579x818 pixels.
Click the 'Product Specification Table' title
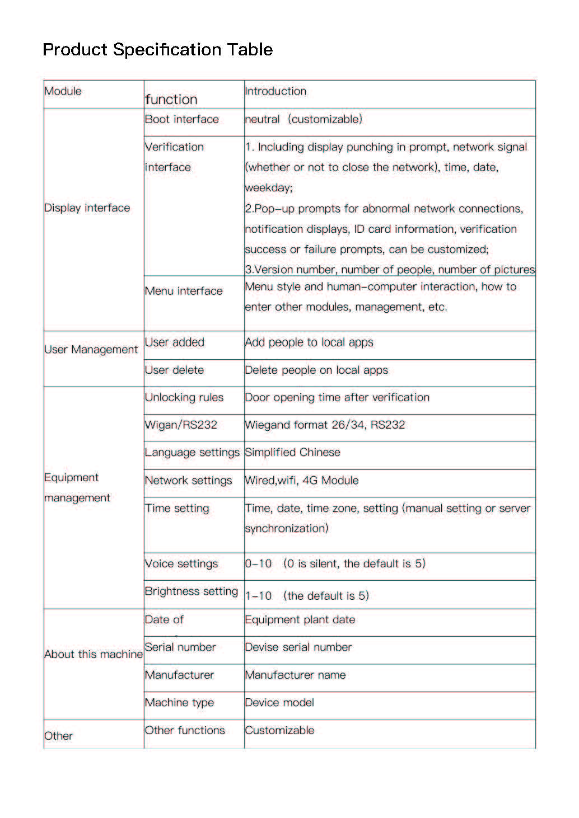157,50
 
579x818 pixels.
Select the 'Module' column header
63,91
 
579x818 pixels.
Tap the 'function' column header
171,100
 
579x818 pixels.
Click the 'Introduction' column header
276,91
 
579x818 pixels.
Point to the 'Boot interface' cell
181,119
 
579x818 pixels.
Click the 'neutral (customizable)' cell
303,119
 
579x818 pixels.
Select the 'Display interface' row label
87,208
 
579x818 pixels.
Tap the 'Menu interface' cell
183,291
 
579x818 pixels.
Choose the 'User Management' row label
91,350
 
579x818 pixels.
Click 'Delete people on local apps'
316,370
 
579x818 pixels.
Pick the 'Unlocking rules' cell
184,398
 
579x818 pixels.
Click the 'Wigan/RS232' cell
180,425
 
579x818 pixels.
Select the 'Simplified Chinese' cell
292,453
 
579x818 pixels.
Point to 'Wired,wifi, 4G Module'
302,481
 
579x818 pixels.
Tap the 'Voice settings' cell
181,564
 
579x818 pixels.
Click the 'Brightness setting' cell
191,591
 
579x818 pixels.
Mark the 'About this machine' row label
93,655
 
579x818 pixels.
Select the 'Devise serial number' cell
298,647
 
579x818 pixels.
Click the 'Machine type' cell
179,703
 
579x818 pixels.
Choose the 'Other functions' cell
184,731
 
